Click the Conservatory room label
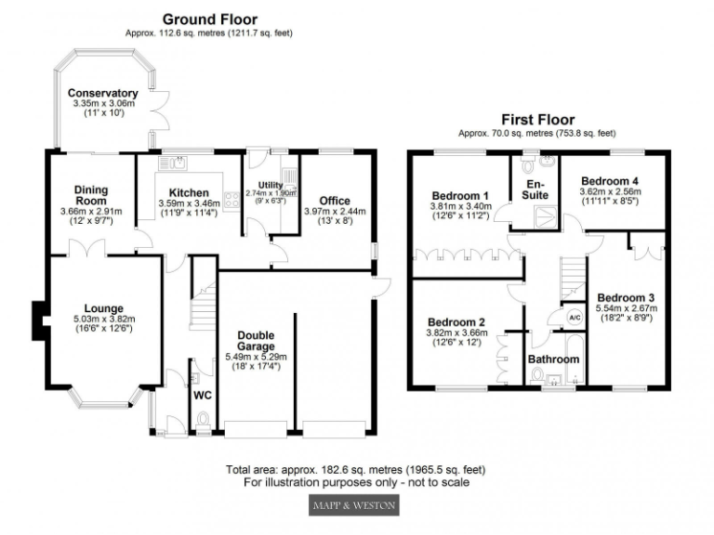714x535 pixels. coord(102,93)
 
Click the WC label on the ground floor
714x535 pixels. coord(202,395)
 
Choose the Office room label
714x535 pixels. coord(334,200)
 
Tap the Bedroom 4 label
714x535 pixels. coord(610,181)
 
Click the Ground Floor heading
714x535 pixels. coord(209,19)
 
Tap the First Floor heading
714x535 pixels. coord(537,120)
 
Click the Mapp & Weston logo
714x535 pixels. coord(353,505)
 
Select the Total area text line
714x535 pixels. coord(356,470)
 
